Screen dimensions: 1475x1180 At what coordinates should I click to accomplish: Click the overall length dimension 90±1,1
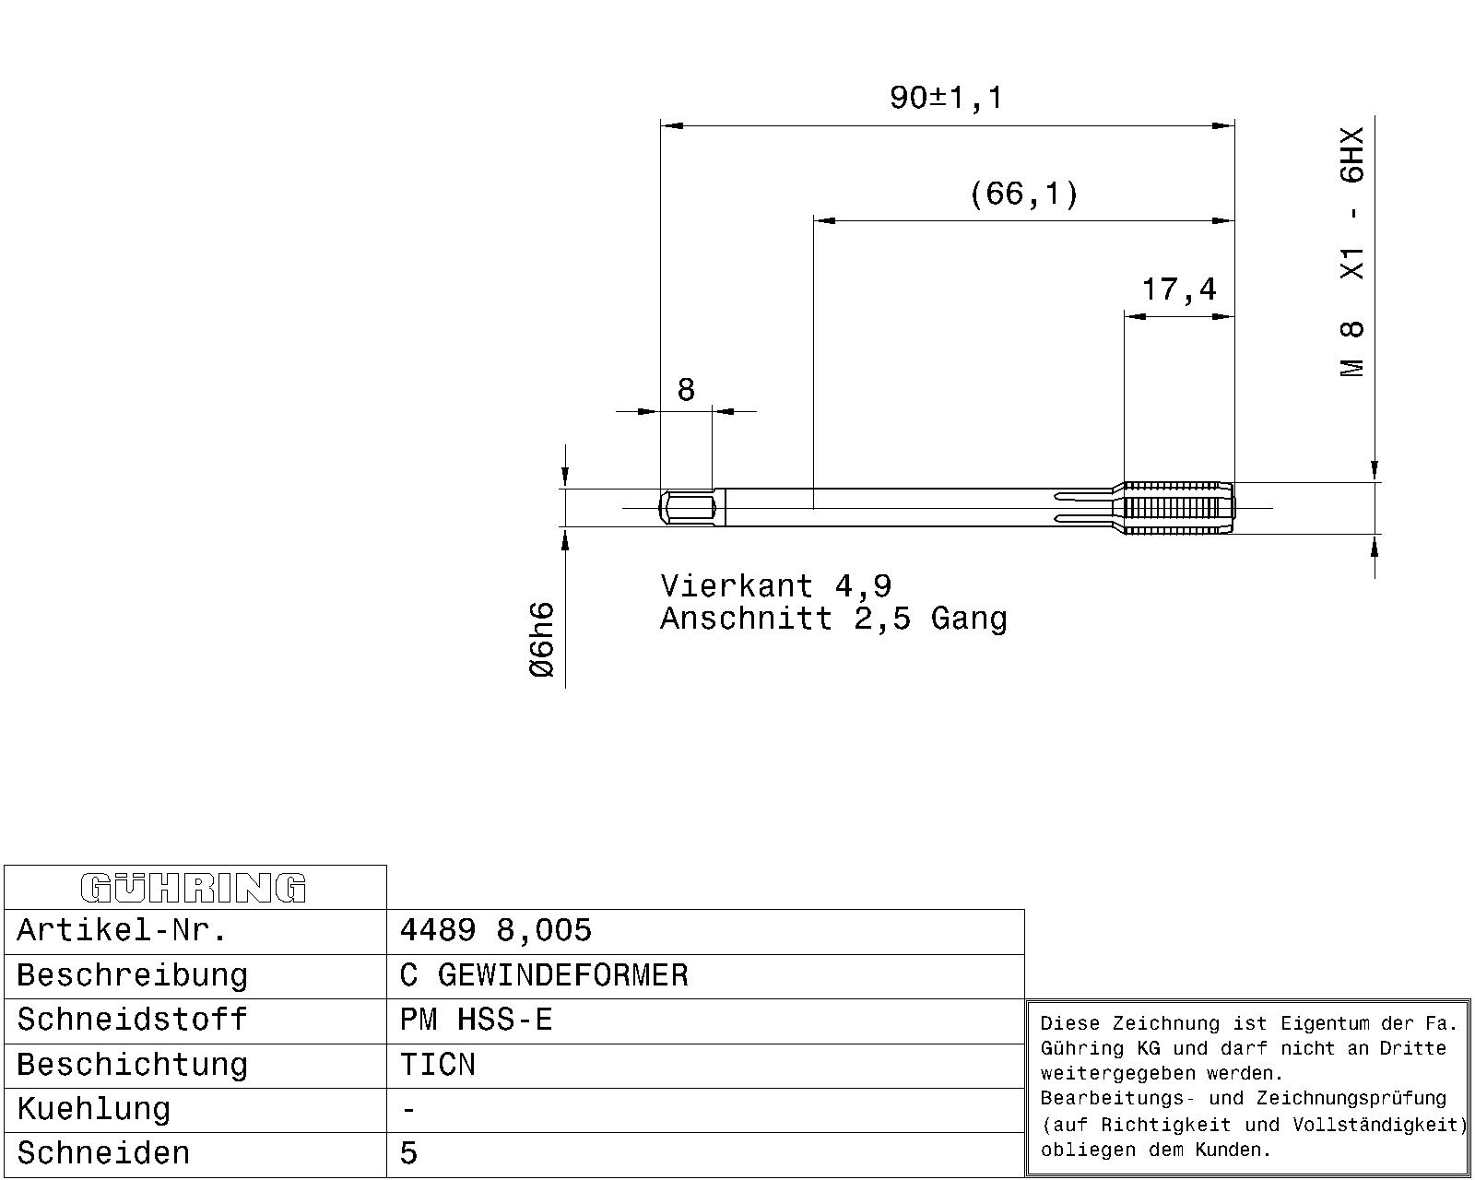(x=946, y=98)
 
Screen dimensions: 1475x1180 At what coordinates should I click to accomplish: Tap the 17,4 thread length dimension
(x=1179, y=289)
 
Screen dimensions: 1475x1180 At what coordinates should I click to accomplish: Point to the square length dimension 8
(x=685, y=389)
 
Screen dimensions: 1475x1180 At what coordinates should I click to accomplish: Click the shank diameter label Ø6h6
(x=542, y=639)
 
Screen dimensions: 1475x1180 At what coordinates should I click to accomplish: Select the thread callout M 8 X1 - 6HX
(x=1352, y=252)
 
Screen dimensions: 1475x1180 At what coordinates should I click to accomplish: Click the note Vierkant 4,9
(x=776, y=586)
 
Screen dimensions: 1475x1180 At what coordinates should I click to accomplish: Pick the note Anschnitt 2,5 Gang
(x=833, y=619)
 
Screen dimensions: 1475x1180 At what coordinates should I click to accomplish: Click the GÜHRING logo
(x=194, y=888)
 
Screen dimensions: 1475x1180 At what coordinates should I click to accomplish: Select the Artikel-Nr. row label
(x=122, y=930)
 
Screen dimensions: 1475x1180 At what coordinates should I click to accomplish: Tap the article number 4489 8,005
(x=495, y=930)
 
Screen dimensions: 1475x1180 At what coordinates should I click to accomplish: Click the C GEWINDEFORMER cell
(x=544, y=975)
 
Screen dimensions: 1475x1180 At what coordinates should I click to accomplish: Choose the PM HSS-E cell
(x=476, y=1020)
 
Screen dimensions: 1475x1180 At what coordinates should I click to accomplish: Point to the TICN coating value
(x=437, y=1064)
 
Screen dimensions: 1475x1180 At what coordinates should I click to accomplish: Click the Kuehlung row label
(x=93, y=1109)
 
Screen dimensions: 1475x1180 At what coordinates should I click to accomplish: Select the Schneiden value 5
(x=408, y=1153)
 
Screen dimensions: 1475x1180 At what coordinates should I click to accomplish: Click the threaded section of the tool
(x=1178, y=508)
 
